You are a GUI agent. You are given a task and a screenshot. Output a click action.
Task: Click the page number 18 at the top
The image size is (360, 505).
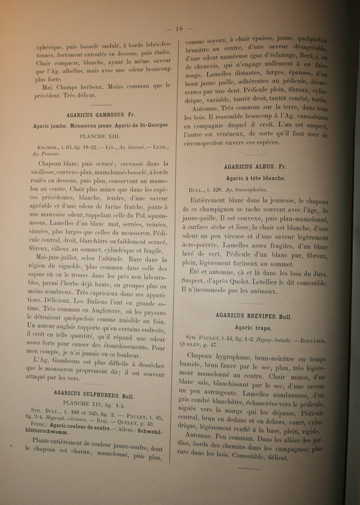(178, 28)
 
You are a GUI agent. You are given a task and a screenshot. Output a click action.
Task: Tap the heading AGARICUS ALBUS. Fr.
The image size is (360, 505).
(254, 167)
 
